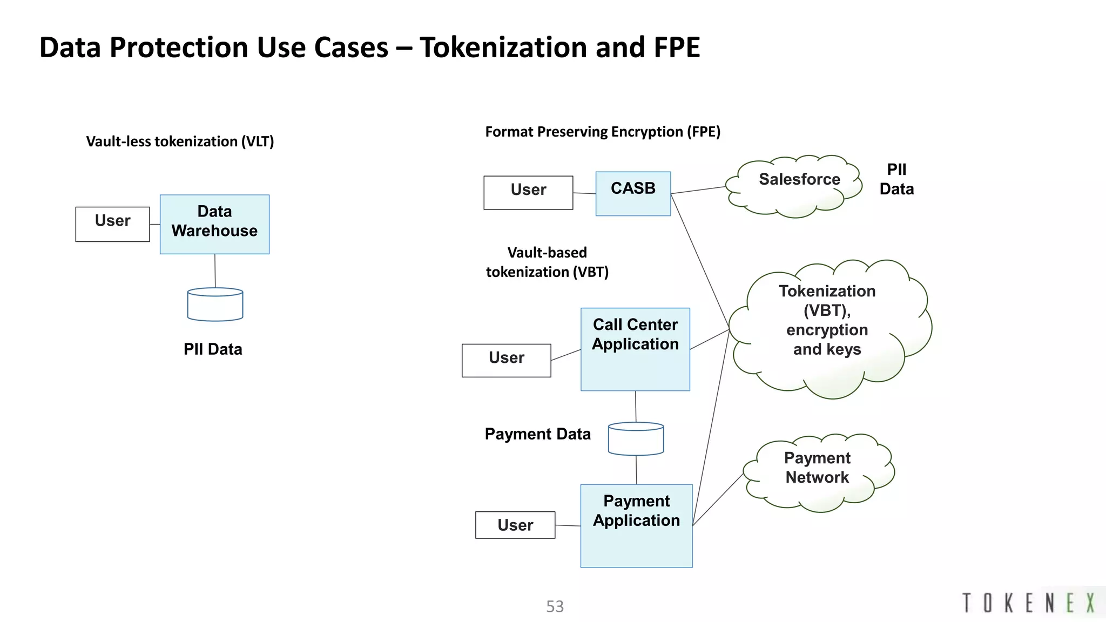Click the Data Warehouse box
click(214, 224)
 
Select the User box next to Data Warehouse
click(112, 224)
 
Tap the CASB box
click(633, 193)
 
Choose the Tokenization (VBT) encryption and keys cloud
click(829, 326)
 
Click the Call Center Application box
click(635, 349)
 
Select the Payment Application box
click(636, 525)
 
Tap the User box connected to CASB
click(528, 192)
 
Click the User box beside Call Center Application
click(506, 360)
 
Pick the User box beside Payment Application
click(515, 525)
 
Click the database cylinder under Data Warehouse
click(215, 305)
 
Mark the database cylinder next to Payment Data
click(636, 438)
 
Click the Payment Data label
click(537, 434)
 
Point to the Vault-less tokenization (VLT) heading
click(180, 141)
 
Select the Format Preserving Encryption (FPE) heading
click(603, 132)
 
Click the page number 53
click(555, 606)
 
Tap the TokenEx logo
click(1028, 603)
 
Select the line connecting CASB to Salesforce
click(698, 190)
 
